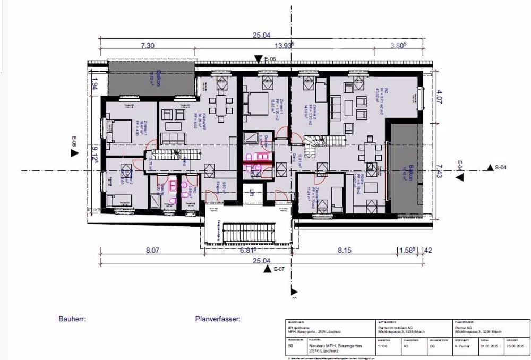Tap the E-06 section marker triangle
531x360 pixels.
pyautogui.click(x=258, y=59)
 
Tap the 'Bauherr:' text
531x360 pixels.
pyautogui.click(x=72, y=320)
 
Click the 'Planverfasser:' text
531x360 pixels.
pyautogui.click(x=218, y=320)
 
